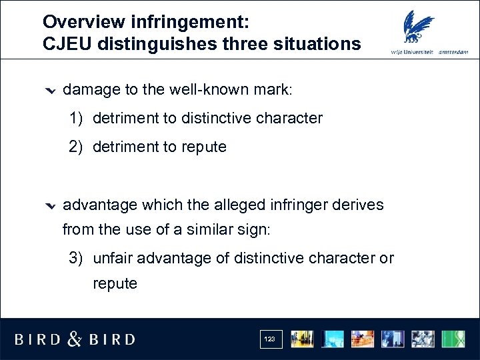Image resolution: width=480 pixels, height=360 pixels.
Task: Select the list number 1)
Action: (77, 119)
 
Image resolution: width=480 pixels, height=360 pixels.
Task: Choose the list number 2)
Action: (77, 147)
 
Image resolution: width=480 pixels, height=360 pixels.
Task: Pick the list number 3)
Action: (77, 258)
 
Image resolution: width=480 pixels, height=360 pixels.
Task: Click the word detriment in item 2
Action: (123, 147)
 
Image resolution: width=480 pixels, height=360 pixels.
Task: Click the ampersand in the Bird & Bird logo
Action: (75, 339)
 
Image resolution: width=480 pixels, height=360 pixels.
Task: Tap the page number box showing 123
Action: (269, 339)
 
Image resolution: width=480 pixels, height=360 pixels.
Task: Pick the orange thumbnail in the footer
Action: (363, 339)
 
